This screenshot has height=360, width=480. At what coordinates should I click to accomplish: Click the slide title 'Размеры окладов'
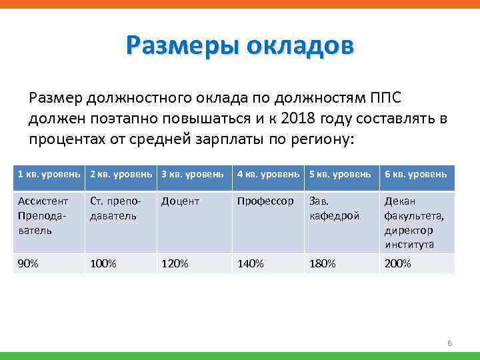(x=240, y=47)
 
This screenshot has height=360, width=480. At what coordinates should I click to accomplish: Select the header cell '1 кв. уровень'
(x=48, y=174)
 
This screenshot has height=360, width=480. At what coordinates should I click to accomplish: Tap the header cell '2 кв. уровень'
(x=120, y=174)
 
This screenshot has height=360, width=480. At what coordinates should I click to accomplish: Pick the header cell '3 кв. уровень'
(x=192, y=174)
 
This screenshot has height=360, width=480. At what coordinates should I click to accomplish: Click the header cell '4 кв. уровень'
(x=268, y=174)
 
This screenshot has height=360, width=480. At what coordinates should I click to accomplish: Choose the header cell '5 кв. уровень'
(x=340, y=174)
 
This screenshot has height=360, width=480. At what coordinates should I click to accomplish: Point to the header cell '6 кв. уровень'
(x=415, y=174)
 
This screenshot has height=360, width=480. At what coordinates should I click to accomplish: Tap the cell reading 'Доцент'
(x=180, y=201)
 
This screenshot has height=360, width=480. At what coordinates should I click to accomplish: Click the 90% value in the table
(x=28, y=264)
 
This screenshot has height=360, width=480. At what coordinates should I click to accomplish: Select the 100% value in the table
(x=103, y=264)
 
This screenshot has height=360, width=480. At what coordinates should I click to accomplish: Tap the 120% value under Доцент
(x=175, y=264)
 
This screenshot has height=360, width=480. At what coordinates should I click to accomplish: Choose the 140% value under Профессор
(x=251, y=264)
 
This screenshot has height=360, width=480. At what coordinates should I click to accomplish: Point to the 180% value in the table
(x=323, y=264)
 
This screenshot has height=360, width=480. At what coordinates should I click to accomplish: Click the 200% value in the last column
(x=398, y=264)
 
